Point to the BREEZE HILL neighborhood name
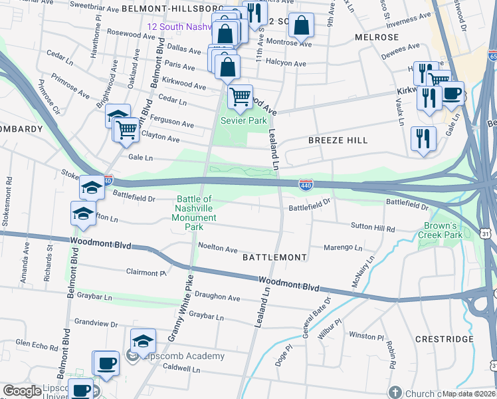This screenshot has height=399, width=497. (x=338, y=140)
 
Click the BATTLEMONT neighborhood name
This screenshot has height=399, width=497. (x=274, y=257)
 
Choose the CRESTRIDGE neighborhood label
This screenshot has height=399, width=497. (x=444, y=339)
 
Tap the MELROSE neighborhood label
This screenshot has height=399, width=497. (x=377, y=37)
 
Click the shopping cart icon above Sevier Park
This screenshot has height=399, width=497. (x=240, y=96)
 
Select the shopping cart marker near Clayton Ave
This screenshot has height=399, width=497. (x=126, y=129)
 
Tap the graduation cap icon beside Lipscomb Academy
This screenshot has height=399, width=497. (x=143, y=341)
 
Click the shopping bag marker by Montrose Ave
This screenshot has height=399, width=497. (x=301, y=26)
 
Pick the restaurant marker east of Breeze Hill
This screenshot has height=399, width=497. (x=423, y=139)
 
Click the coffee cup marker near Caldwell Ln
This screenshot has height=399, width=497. (x=106, y=364)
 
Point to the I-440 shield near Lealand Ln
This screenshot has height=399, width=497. (x=306, y=185)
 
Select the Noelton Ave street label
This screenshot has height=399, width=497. (x=217, y=248)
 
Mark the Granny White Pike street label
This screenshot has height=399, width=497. (x=180, y=308)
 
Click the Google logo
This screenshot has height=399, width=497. (x=22, y=391)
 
